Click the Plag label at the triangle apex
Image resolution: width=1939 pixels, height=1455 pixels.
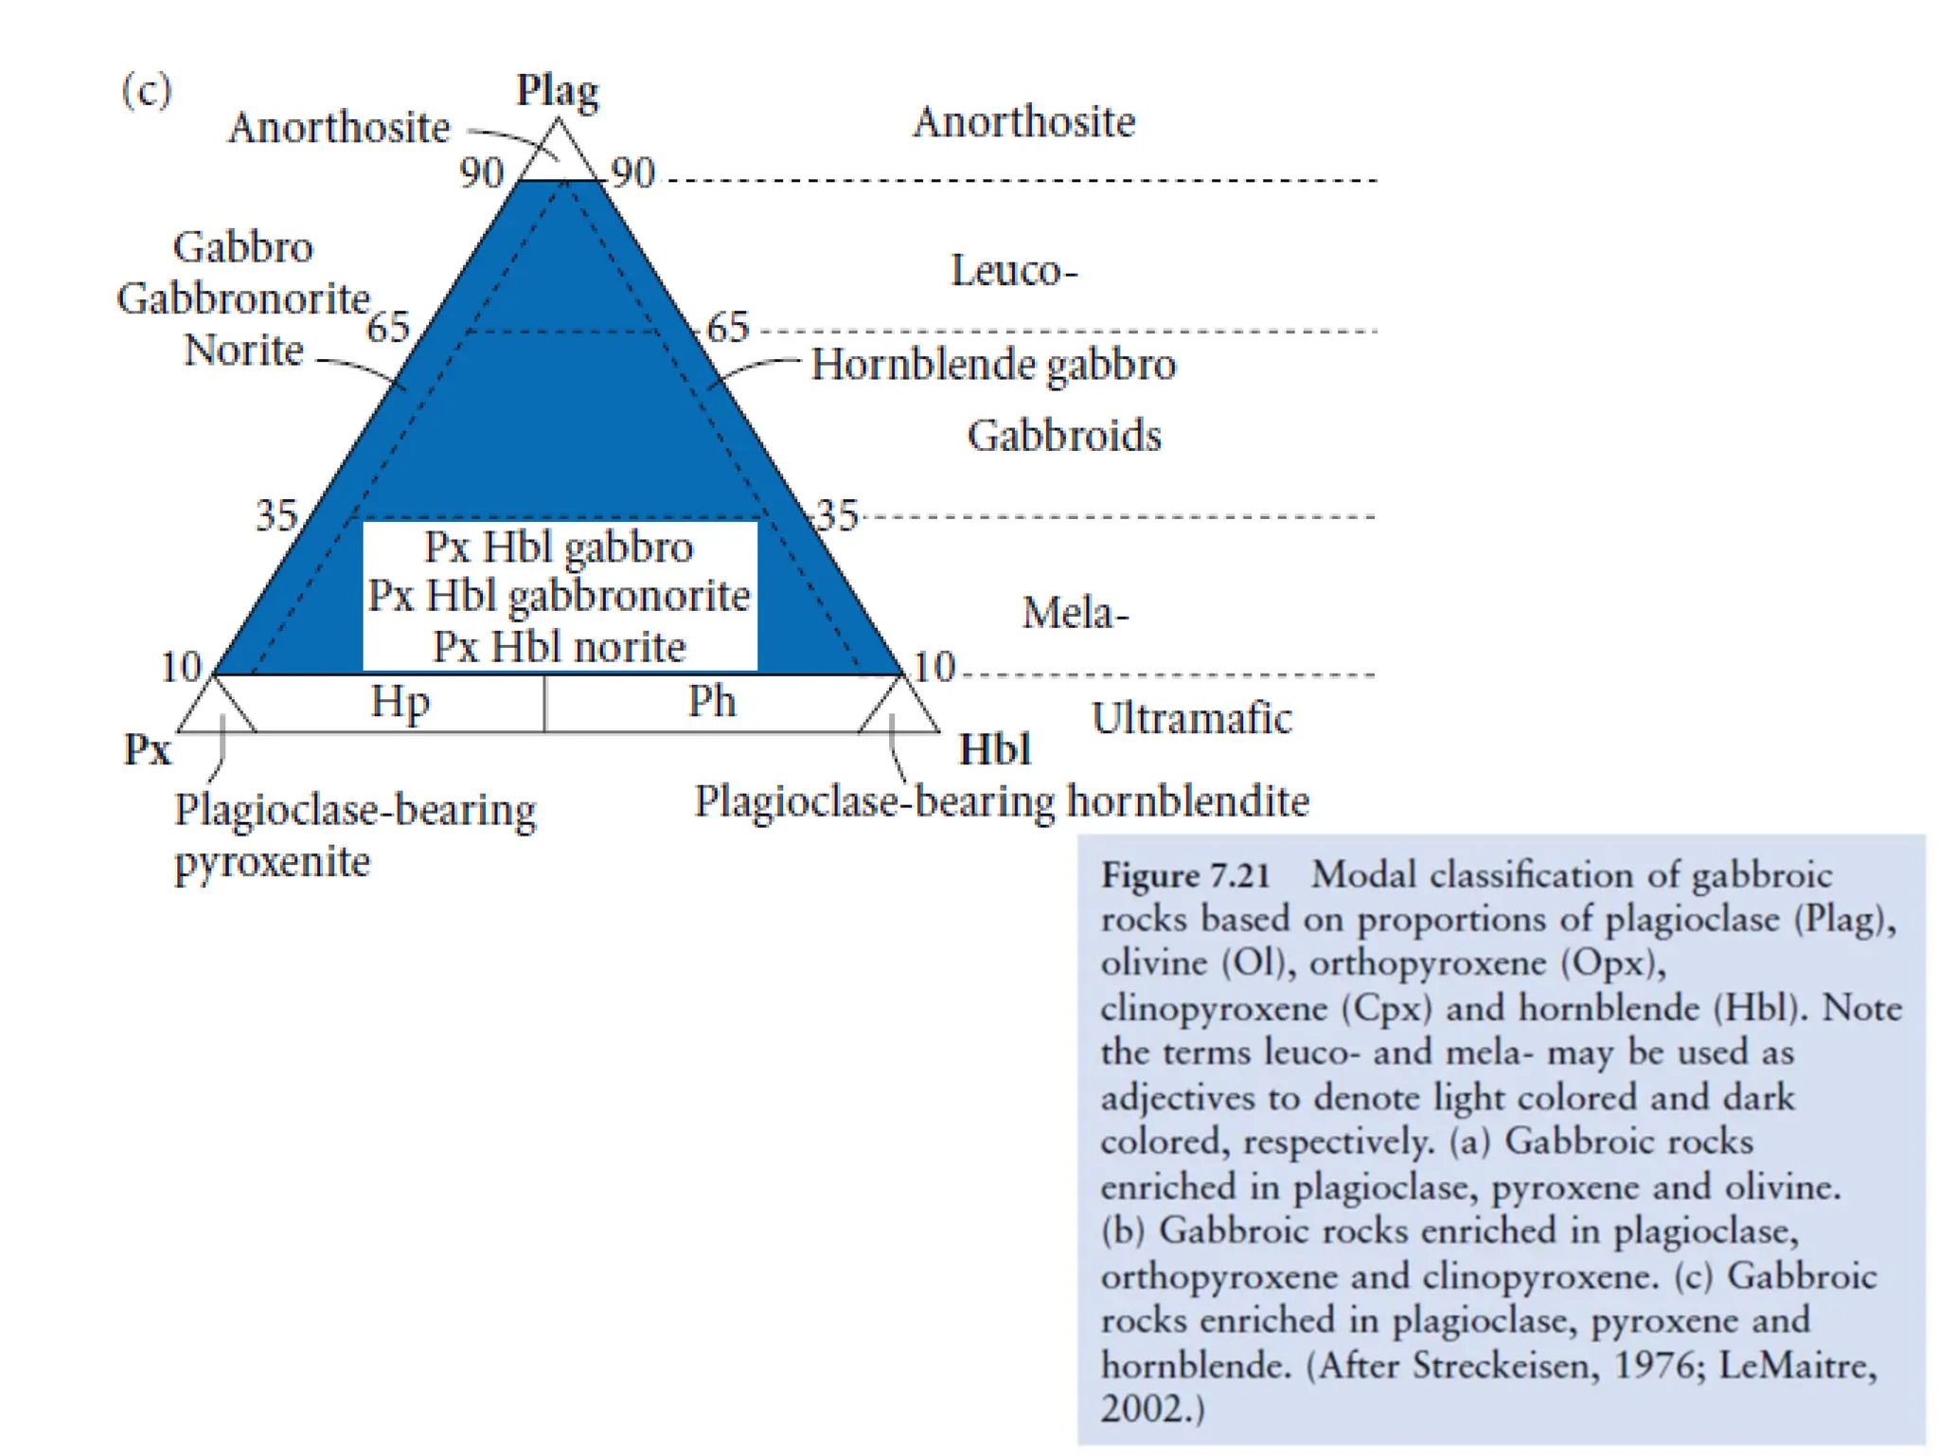click(x=557, y=92)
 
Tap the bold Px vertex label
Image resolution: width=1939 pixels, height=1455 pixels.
click(x=148, y=749)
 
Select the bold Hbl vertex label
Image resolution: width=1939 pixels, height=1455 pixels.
click(x=994, y=749)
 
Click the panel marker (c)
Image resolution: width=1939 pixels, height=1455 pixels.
click(x=147, y=91)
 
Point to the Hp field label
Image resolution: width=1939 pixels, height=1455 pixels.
click(x=400, y=702)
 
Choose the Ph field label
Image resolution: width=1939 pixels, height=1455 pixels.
click(x=712, y=702)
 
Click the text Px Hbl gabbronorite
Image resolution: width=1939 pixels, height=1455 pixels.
click(x=559, y=596)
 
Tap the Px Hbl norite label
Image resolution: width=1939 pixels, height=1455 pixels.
click(x=559, y=647)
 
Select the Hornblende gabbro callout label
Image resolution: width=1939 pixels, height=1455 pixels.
click(x=993, y=365)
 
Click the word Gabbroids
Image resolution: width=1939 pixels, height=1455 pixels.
click(x=1064, y=436)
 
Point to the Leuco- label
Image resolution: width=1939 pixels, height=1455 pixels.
click(x=1014, y=271)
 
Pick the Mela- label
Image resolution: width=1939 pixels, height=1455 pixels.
click(x=1076, y=613)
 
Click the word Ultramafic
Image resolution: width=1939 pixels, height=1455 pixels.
click(x=1191, y=718)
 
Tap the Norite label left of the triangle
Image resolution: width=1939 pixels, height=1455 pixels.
click(x=243, y=350)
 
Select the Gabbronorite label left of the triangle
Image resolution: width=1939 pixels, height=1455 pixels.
click(x=243, y=298)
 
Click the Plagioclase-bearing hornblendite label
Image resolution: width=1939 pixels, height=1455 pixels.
click(x=1002, y=801)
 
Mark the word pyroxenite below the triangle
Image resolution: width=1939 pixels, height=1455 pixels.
click(x=273, y=862)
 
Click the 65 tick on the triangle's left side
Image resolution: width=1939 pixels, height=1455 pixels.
click(x=388, y=328)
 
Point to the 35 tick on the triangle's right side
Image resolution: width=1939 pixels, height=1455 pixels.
click(x=837, y=516)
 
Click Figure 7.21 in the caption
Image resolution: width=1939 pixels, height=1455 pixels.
click(x=1185, y=875)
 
